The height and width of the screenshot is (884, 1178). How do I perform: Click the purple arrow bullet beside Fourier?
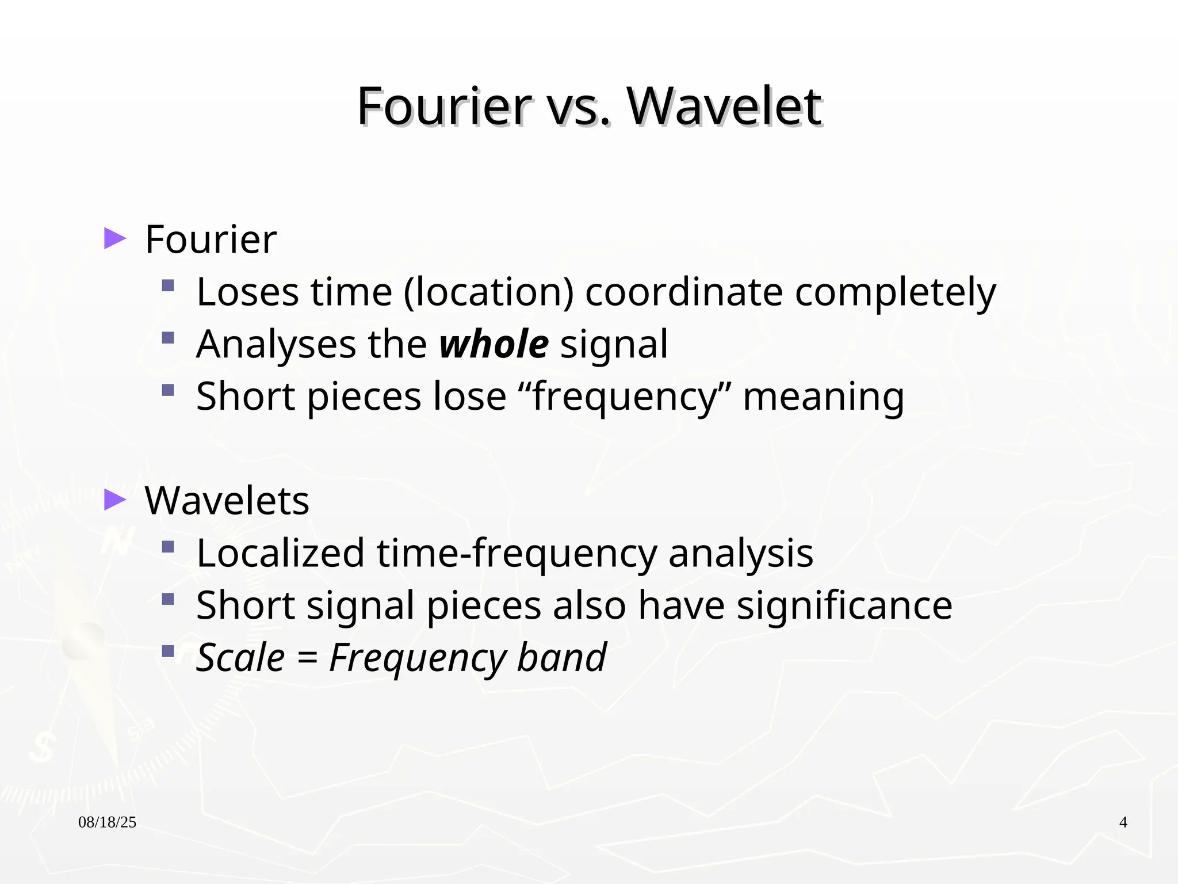pos(114,238)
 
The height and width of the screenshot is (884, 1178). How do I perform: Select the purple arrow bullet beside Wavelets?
pos(114,500)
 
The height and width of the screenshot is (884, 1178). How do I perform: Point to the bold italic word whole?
pos(494,344)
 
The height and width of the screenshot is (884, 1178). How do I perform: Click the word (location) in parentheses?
pos(488,292)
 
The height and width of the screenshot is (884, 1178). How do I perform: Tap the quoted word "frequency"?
pos(624,397)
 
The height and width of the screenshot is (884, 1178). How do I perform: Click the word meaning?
pos(823,397)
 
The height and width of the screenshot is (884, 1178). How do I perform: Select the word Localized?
pos(280,553)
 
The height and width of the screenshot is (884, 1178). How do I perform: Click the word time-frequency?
pos(516,553)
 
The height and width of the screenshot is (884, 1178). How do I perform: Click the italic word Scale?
pos(240,657)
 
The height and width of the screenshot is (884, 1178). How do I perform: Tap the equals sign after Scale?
pos(307,658)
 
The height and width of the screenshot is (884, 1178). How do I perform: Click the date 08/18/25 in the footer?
pos(107,822)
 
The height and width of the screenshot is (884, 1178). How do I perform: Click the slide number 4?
pos(1123,822)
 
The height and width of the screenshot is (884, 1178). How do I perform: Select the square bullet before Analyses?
pos(168,338)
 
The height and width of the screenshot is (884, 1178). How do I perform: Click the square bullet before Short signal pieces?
pos(168,599)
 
